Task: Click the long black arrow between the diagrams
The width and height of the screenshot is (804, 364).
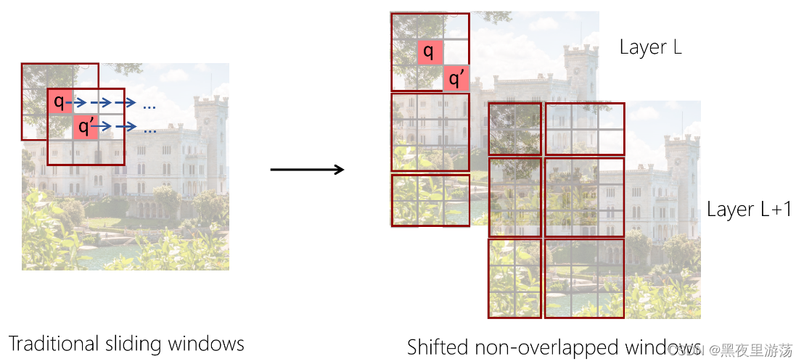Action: click(306, 170)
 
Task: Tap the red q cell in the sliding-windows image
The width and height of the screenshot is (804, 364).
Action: click(60, 102)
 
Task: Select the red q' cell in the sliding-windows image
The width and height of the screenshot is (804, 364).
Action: click(85, 127)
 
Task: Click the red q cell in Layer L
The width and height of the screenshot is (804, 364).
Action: click(430, 51)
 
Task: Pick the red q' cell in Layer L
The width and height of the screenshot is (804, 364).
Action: click(456, 78)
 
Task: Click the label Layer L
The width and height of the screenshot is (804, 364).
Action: click(650, 48)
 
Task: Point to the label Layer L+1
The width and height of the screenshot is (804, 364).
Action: click(749, 210)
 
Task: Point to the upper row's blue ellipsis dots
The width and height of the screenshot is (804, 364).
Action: click(149, 107)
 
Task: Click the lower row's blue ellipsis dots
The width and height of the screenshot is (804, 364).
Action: click(149, 131)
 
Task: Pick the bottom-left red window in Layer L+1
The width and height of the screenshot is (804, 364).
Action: click(514, 278)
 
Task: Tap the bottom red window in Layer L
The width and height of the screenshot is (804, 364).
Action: click(430, 200)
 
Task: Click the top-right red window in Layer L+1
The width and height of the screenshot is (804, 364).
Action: click(584, 129)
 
